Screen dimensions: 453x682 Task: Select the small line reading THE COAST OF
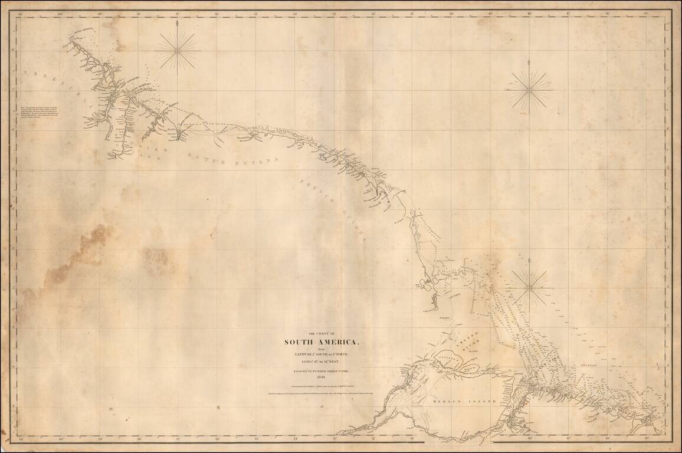pos(322,334)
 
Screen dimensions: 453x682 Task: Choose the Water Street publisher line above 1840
pos(321,370)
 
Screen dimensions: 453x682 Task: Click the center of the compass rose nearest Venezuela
pos(178,50)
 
